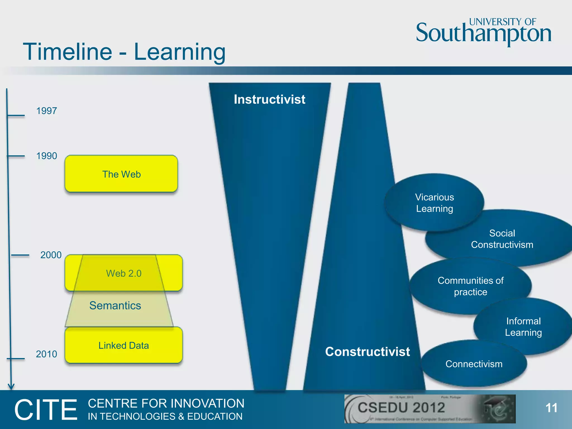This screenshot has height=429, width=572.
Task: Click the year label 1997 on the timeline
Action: [47, 111]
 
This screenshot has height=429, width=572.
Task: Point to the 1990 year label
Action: [47, 156]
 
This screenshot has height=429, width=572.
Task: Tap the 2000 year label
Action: [51, 255]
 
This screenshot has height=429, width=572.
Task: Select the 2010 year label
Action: [46, 354]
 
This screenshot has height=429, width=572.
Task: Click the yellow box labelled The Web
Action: [121, 174]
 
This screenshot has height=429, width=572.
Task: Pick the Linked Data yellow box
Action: [123, 345]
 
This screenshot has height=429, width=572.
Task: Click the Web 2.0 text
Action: [124, 273]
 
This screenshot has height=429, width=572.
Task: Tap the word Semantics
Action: [115, 306]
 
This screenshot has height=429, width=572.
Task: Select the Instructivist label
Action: [270, 99]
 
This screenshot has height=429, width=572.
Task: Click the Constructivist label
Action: [368, 352]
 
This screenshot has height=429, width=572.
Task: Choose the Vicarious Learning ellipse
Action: [434, 203]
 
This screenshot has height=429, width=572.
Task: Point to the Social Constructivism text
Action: [502, 239]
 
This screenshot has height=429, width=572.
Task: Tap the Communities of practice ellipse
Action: [471, 286]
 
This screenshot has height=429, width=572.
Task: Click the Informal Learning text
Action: [523, 327]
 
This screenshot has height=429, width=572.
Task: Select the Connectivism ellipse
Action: [474, 364]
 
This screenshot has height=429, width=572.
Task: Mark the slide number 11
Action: [551, 408]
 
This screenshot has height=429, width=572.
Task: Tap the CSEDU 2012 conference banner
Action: [430, 409]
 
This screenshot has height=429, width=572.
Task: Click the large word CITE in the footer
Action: [46, 410]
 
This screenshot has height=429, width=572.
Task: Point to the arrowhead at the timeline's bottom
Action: [11, 387]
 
